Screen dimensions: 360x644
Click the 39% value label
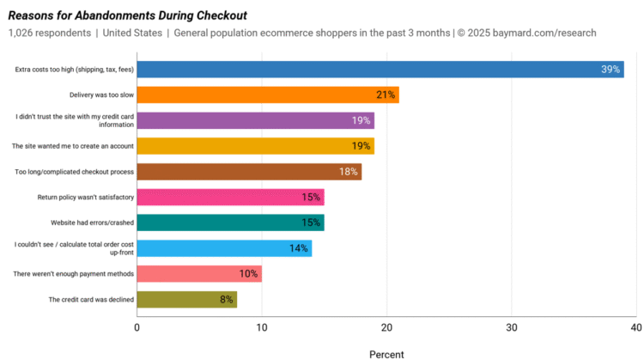tap(611, 70)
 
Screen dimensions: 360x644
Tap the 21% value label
tap(385, 95)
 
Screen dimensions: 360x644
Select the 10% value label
tap(248, 274)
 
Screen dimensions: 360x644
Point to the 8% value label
tap(226, 299)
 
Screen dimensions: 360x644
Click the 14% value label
tap(298, 248)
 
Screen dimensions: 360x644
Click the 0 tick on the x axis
tap(137, 327)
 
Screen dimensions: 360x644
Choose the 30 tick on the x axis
tap(512, 327)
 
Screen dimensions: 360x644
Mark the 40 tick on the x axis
tap(635, 327)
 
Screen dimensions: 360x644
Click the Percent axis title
tap(386, 353)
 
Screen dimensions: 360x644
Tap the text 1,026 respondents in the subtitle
tap(50, 33)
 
